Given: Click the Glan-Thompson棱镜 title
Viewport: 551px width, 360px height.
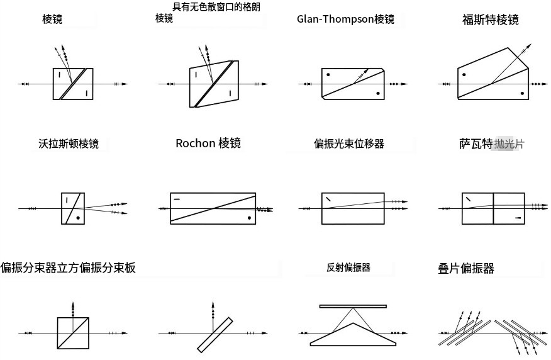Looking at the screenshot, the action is [x=345, y=19].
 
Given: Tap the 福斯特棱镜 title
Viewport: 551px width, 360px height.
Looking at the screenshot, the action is [x=490, y=20].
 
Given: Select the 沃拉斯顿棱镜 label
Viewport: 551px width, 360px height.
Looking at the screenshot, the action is [x=69, y=143].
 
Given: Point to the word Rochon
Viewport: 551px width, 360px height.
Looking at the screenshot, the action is [x=196, y=143].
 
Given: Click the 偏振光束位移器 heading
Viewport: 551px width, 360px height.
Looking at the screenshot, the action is [x=349, y=143].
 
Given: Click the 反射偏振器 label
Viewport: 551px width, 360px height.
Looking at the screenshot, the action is [x=348, y=267].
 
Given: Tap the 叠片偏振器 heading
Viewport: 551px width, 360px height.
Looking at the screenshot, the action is [x=466, y=268].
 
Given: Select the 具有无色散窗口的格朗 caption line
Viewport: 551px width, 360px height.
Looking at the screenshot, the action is [x=216, y=7].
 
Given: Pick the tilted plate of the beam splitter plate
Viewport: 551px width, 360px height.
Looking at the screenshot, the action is [x=215, y=335].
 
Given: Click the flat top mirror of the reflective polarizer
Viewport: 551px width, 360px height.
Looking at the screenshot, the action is [x=353, y=307].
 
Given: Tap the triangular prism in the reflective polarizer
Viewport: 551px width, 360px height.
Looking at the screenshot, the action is [x=353, y=335].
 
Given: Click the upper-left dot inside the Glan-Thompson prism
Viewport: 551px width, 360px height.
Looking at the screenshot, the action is [x=328, y=74].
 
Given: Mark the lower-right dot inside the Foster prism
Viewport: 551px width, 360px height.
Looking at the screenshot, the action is [x=522, y=94].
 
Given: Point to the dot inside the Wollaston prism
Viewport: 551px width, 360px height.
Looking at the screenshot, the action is [x=78, y=218].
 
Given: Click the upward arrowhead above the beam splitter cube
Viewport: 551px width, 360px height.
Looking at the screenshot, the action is [x=73, y=305].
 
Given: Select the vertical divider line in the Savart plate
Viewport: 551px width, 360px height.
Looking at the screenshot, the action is [x=493, y=208].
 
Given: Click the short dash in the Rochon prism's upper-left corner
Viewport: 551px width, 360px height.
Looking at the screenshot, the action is [x=177, y=200].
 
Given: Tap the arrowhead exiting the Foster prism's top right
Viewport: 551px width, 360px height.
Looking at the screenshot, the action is [x=528, y=46].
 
